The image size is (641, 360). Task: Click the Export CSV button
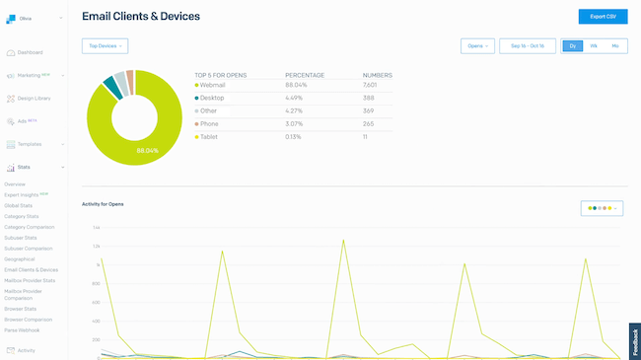point(603,17)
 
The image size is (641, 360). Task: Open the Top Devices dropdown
point(105,45)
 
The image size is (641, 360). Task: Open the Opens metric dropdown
point(477,45)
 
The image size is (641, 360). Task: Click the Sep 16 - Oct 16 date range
point(528,45)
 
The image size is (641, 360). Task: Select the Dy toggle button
point(573,45)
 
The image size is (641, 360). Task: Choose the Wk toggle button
point(594,45)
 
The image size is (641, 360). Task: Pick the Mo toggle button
point(615,45)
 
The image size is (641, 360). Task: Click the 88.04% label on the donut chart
point(148,150)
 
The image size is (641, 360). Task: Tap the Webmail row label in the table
point(213,85)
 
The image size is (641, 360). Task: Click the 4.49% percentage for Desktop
point(295,98)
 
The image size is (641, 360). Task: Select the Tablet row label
point(210,136)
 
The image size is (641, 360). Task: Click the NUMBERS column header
point(377,75)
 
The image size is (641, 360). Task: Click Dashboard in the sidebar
point(30,52)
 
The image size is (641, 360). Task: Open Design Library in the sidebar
point(34,98)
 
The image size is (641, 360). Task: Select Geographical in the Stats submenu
point(20,258)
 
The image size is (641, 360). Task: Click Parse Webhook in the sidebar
point(23,331)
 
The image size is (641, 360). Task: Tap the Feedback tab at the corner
point(634,340)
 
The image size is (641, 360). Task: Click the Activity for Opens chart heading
point(103,204)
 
